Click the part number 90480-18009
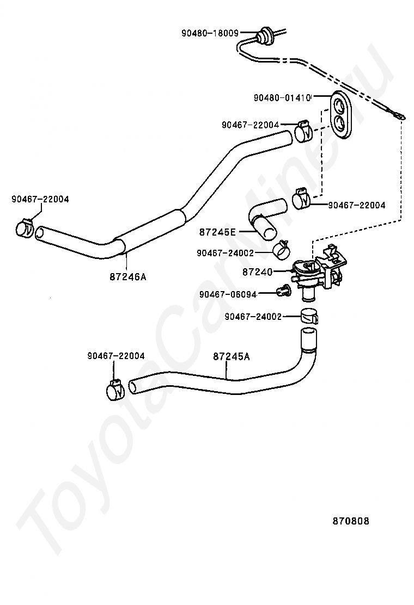click(x=210, y=33)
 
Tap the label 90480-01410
click(x=282, y=98)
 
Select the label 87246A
click(x=128, y=276)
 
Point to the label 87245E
click(x=217, y=232)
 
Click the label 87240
click(x=258, y=272)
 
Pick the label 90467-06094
click(x=228, y=294)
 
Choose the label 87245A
click(x=232, y=356)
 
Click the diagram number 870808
click(x=351, y=521)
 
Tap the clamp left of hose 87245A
click(x=115, y=390)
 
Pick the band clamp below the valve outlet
click(x=309, y=316)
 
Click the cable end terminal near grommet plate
click(x=397, y=115)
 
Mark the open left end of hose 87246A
click(x=40, y=233)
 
